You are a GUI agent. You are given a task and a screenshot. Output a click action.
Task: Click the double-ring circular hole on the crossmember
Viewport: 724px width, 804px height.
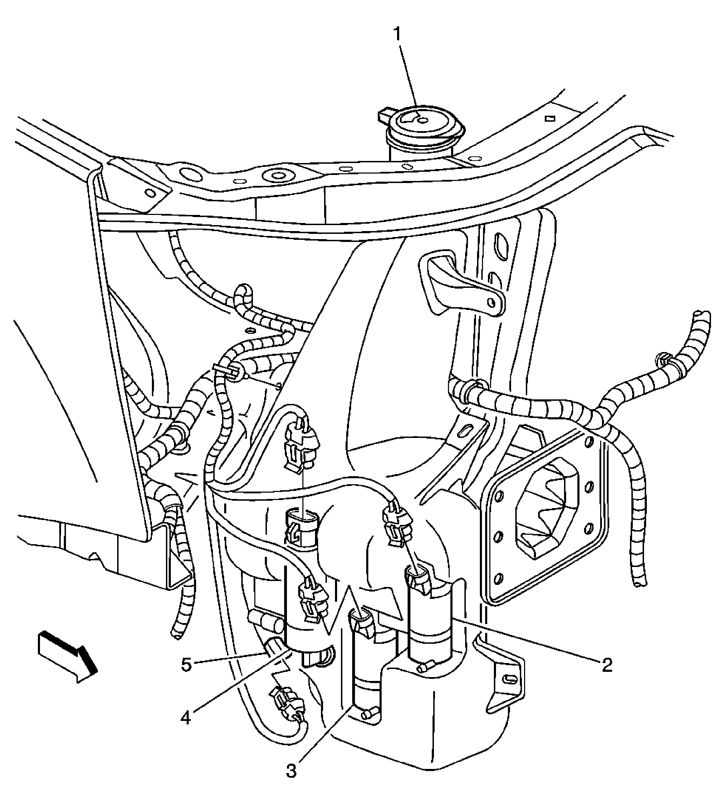coord(276,175)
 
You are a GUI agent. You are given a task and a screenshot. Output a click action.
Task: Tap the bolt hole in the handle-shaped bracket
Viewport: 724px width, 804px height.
coord(492,303)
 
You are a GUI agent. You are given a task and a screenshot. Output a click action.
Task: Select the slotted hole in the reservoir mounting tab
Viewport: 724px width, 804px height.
coord(509,679)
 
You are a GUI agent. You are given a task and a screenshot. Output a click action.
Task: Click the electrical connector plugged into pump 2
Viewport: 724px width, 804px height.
coord(418,579)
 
